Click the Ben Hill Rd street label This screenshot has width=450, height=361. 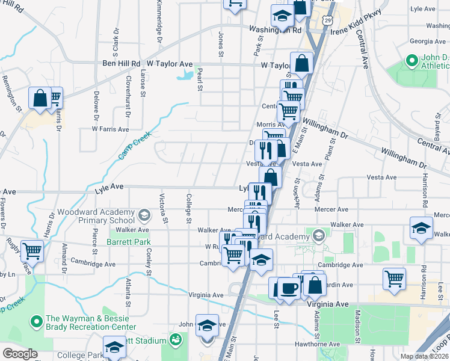point(121,63)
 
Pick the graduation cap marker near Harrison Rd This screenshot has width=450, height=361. point(421,229)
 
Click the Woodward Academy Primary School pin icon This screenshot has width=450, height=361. point(144,215)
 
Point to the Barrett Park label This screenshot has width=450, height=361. point(128,242)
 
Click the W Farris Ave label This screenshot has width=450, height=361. point(110,129)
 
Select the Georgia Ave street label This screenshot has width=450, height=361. point(427,42)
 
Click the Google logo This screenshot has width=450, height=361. point(20,354)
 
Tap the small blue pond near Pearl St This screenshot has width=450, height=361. point(185,76)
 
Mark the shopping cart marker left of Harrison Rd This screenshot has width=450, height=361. point(394,278)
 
